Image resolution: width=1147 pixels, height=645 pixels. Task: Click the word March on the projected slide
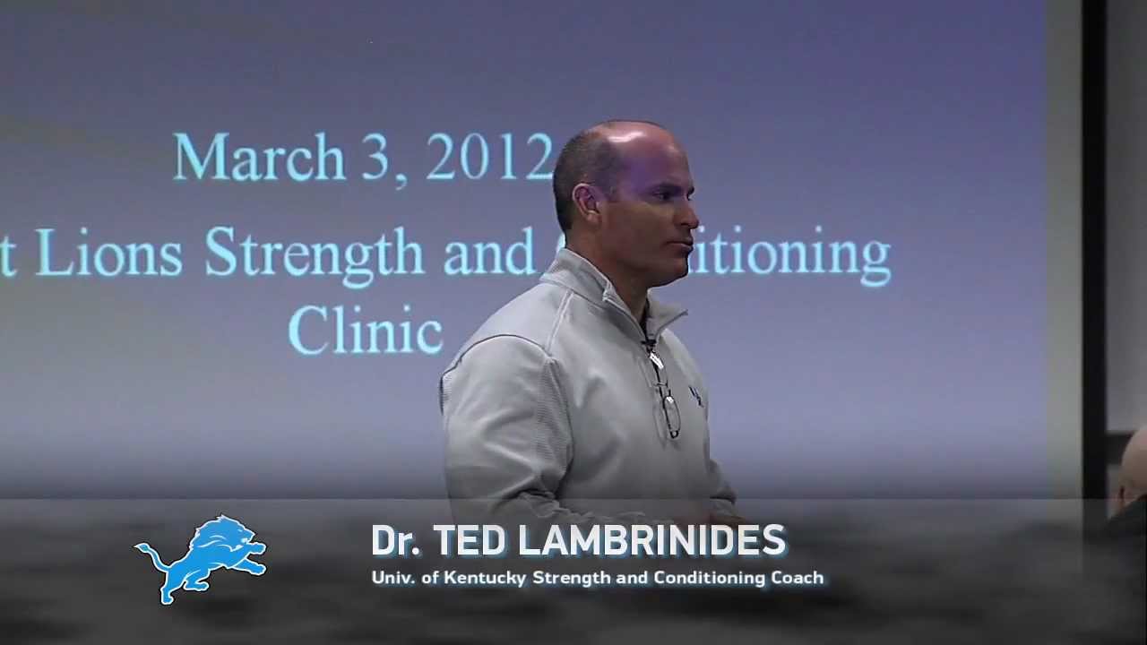tap(259, 158)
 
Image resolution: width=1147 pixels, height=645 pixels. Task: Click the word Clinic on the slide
tap(365, 329)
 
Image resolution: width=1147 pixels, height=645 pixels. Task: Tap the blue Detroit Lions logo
tap(201, 557)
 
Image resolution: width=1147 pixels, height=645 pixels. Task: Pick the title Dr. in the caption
tap(395, 541)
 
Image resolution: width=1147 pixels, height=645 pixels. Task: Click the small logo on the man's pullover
tap(695, 395)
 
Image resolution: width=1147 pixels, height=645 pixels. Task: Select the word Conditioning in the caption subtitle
tap(711, 578)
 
